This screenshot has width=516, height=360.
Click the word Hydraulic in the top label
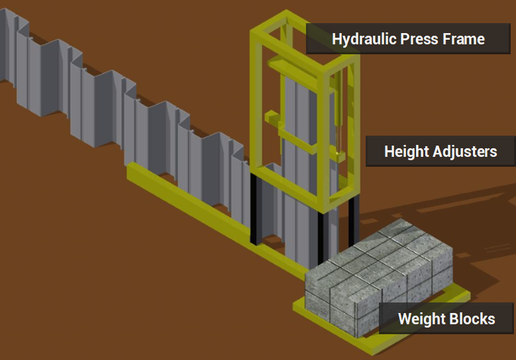tap(364, 39)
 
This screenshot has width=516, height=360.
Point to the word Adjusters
tap(464, 152)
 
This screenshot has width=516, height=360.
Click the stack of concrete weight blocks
tap(378, 276)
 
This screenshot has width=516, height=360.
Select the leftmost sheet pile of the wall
tap(7, 46)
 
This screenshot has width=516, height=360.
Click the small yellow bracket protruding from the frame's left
tap(272, 116)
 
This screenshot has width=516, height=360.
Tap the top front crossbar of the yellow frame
tap(286, 50)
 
